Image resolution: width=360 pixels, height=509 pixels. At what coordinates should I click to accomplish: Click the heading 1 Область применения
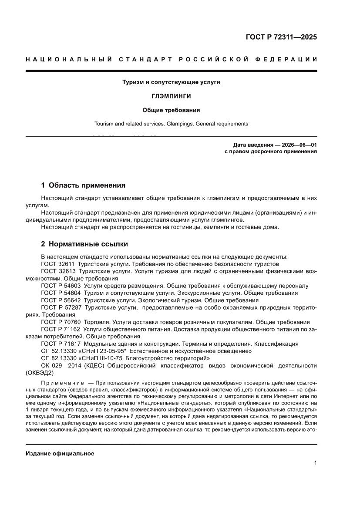click(83, 185)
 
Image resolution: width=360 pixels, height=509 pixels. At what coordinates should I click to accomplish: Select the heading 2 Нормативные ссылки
click(84, 244)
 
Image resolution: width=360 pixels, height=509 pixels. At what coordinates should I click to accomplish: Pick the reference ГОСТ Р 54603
click(61, 286)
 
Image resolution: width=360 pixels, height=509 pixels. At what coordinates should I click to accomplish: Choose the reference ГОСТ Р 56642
click(61, 300)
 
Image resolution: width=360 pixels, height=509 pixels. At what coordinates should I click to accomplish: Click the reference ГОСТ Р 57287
click(61, 307)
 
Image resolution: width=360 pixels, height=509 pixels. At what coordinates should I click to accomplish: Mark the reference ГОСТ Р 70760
click(61, 322)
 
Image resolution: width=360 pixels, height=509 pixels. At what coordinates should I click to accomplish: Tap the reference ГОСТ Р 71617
click(61, 344)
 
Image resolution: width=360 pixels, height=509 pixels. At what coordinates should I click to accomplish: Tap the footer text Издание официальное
click(60, 453)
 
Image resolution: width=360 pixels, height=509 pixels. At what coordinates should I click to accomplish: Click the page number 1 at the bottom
click(315, 463)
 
